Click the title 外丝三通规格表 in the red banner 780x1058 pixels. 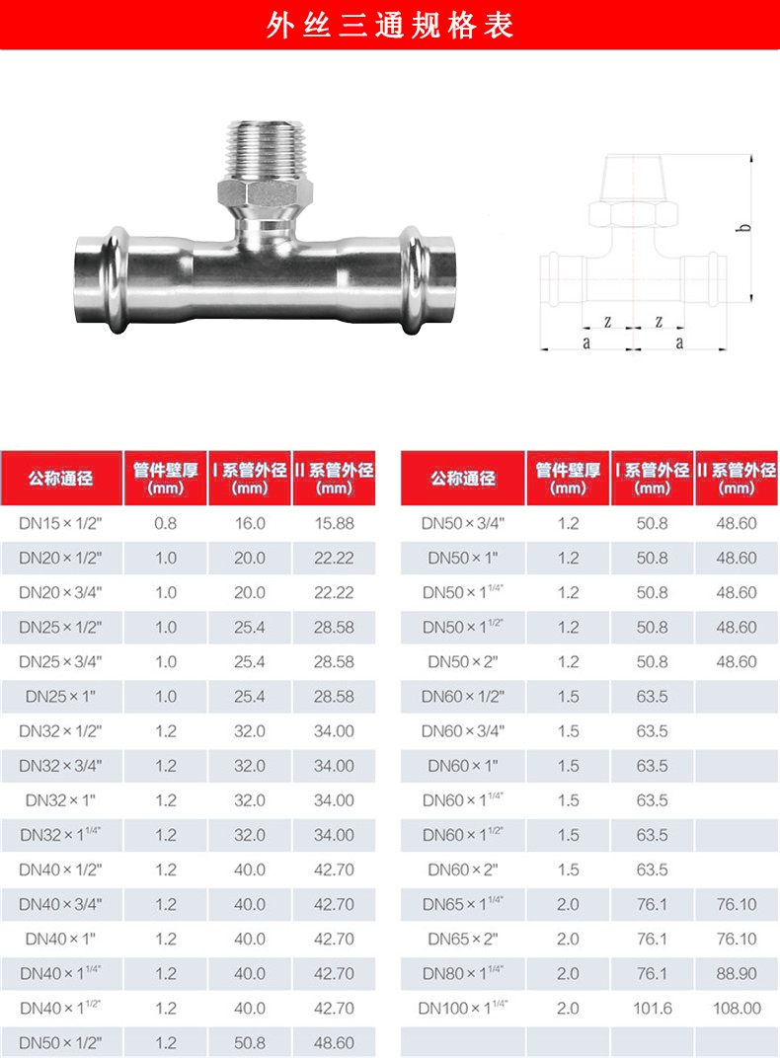click(389, 26)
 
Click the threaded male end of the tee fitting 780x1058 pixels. click(268, 149)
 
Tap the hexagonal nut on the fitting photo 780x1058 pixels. click(266, 193)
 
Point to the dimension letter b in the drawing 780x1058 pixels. click(744, 227)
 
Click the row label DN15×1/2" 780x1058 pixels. click(61, 524)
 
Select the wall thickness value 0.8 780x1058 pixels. click(165, 524)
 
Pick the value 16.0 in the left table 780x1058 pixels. click(250, 524)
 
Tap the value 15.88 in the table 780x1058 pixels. click(334, 524)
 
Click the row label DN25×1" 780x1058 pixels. click(61, 697)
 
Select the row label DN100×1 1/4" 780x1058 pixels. click(463, 1008)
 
